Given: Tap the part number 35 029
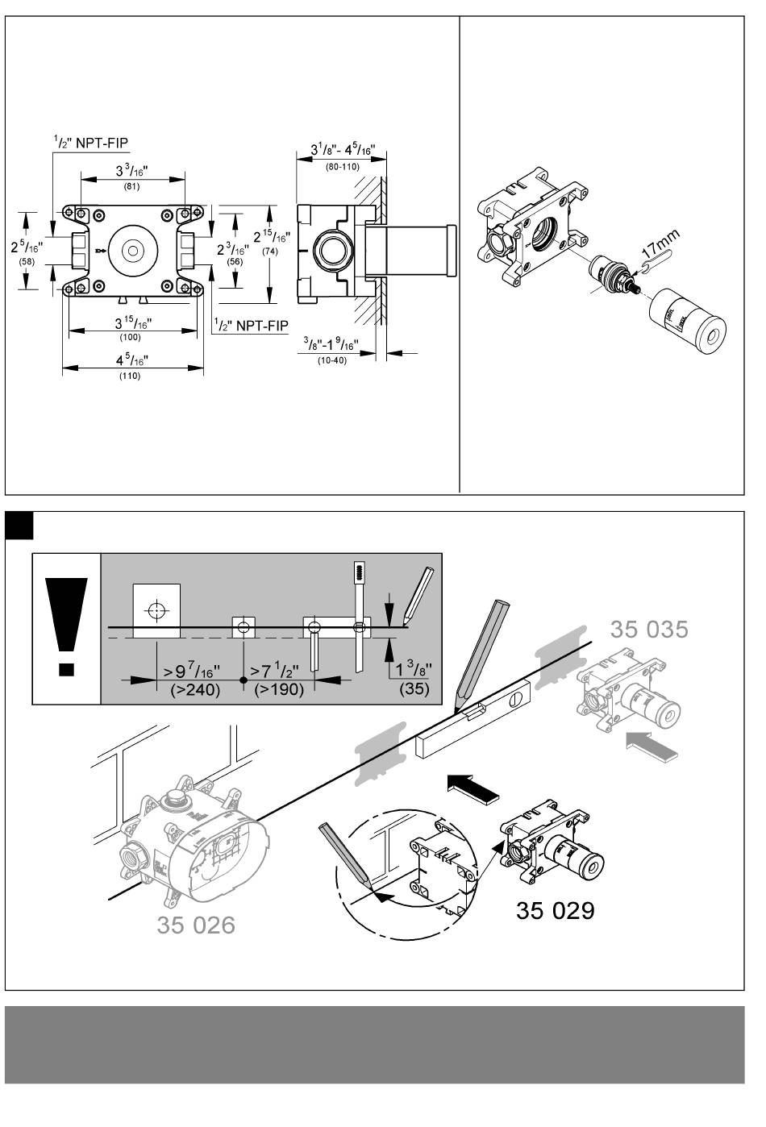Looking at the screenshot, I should click(x=555, y=910).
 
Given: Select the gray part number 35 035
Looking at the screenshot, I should click(x=649, y=629).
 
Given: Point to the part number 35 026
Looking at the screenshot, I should click(x=196, y=925).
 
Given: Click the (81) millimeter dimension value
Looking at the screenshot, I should click(x=131, y=187).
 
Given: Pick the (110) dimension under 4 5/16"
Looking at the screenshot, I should click(x=130, y=376).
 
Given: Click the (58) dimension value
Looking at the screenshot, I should click(x=27, y=263).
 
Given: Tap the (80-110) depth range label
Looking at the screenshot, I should click(x=342, y=167).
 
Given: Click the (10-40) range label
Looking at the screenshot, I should click(x=331, y=360).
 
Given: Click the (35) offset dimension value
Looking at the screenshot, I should click(x=414, y=689).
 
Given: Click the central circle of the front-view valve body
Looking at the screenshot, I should click(x=129, y=250).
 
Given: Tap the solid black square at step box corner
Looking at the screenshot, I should click(x=19, y=526).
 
